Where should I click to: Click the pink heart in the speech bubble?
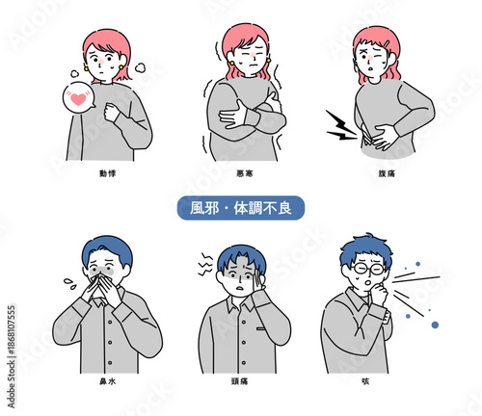(76, 97)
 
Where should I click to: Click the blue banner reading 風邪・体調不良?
(242, 209)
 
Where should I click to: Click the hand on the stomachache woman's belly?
(384, 135)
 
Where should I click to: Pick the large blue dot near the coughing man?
(436, 325)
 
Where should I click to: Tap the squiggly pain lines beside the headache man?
(204, 259)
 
